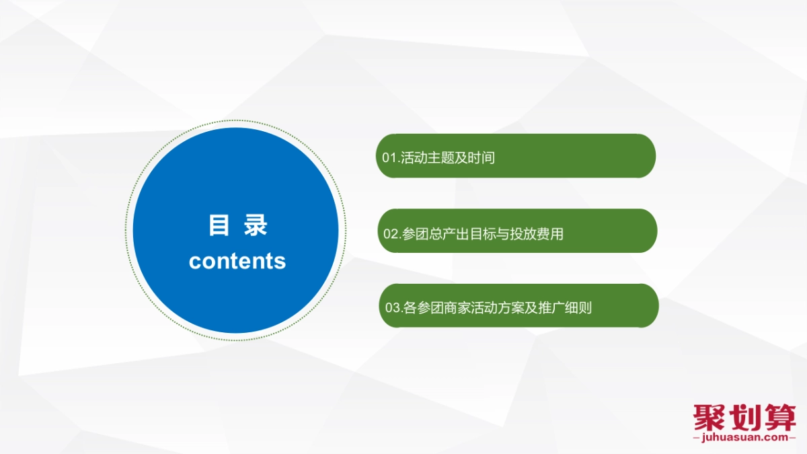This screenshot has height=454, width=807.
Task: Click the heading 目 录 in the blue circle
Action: tap(237, 226)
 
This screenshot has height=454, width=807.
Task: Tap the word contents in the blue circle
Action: tap(237, 261)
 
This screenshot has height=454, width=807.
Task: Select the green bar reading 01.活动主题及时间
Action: tap(515, 156)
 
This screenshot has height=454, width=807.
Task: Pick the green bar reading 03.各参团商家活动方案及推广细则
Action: tap(518, 306)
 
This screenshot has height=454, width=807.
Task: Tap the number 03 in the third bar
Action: tap(392, 309)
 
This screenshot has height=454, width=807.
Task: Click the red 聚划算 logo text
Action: tap(744, 418)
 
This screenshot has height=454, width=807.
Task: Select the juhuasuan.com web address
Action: tap(744, 437)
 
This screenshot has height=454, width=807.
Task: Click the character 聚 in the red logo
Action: tap(710, 418)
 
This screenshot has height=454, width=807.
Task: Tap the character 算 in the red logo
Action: tap(779, 418)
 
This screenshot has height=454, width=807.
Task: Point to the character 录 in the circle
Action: tap(256, 226)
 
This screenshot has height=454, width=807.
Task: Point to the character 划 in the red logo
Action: tap(744, 418)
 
